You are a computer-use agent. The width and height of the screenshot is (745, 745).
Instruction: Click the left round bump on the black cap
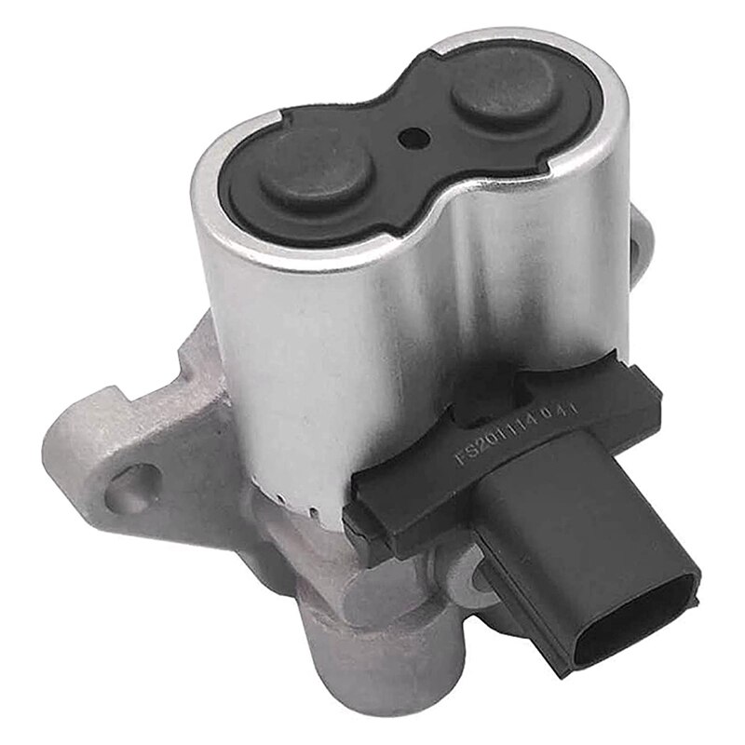click(317, 172)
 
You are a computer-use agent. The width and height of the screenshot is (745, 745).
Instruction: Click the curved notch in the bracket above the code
click(503, 391)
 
